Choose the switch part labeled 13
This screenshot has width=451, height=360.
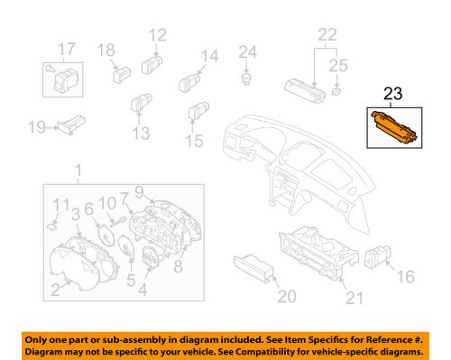tap(142, 100)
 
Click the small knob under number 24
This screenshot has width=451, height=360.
tap(246, 79)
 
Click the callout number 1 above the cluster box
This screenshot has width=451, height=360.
tap(78, 170)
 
